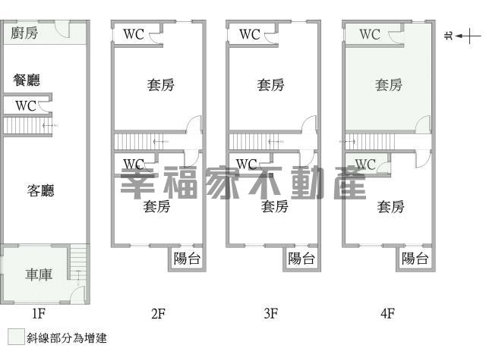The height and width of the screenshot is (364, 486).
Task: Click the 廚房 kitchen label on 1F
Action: point(25,33)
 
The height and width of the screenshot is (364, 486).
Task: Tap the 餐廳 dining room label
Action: point(27,80)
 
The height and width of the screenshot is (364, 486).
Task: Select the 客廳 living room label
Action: point(40,190)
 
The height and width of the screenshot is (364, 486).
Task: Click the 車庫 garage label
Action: point(39,275)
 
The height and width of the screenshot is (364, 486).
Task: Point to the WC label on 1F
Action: point(27,105)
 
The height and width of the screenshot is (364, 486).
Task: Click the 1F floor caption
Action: point(39,312)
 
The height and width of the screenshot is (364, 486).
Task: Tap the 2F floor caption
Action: point(157,312)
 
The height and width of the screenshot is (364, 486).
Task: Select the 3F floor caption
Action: point(270,312)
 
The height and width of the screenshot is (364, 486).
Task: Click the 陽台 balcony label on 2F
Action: point(187,258)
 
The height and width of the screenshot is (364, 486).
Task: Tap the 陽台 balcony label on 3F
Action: point(301,258)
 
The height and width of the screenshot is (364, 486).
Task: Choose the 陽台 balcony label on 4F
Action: point(415,258)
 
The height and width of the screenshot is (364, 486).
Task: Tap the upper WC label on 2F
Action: point(134,34)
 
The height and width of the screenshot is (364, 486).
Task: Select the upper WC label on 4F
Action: point(370,34)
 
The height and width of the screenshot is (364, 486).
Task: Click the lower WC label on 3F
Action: point(247,164)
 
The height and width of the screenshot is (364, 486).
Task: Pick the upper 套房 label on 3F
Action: point(271,85)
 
